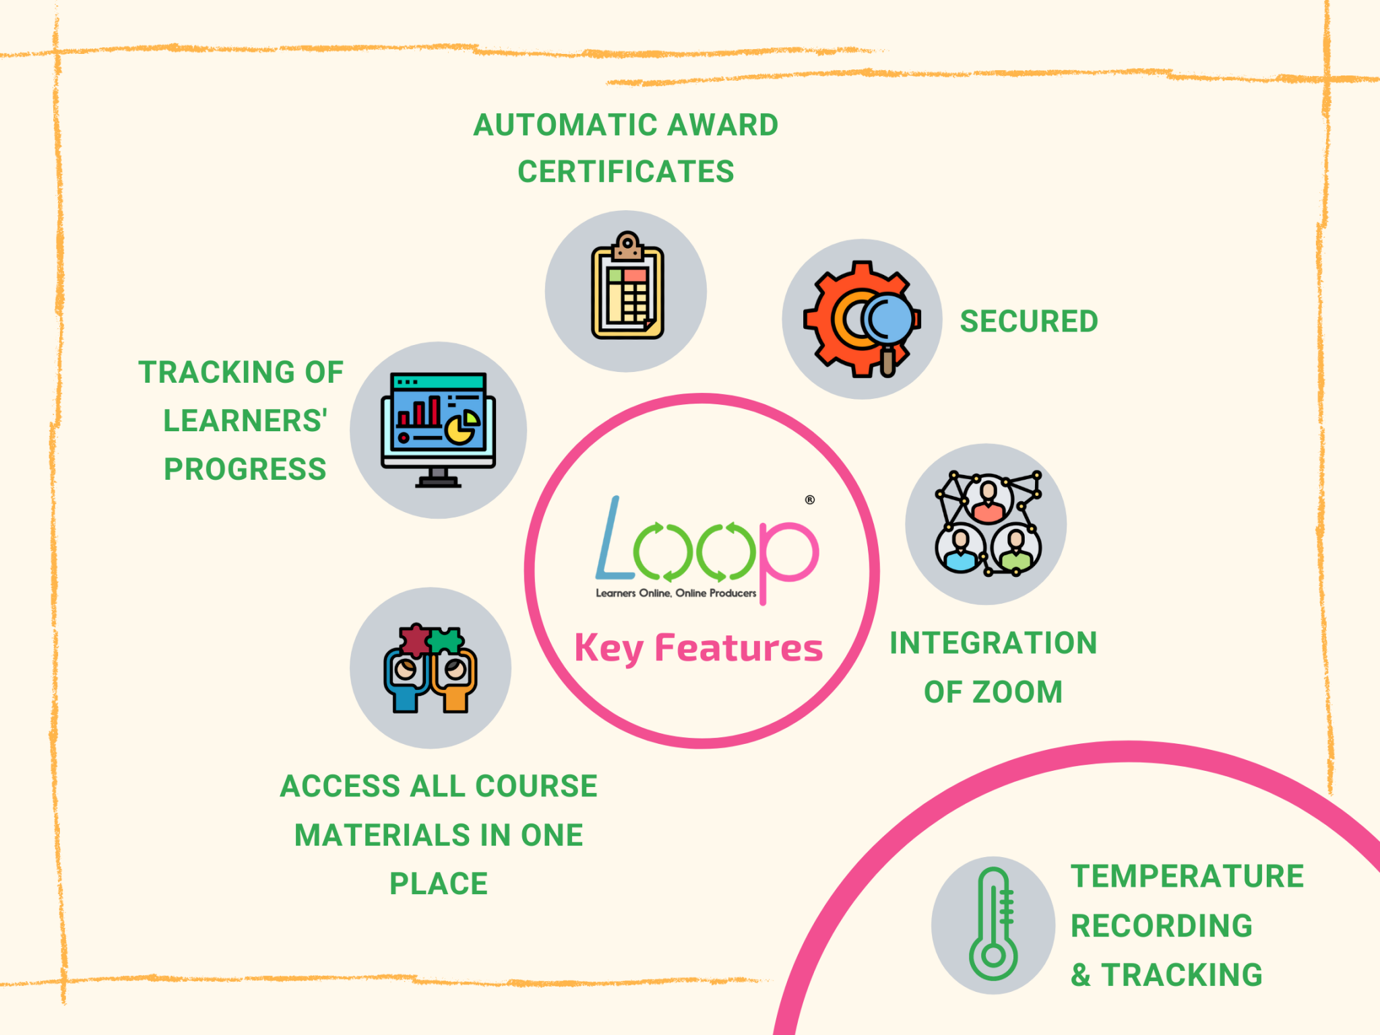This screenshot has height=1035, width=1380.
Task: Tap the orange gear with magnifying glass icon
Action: click(862, 319)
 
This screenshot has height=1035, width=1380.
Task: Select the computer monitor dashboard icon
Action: click(438, 430)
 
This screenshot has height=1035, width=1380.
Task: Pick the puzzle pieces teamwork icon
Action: click(431, 668)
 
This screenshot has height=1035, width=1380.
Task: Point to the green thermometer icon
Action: click(993, 924)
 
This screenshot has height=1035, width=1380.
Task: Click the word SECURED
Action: click(1029, 321)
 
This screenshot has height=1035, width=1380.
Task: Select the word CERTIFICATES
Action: click(626, 172)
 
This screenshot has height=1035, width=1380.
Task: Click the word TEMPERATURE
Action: click(1187, 877)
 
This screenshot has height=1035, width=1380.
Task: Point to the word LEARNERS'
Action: click(245, 420)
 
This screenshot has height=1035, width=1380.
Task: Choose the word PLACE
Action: click(439, 883)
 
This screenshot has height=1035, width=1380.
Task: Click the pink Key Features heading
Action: click(699, 648)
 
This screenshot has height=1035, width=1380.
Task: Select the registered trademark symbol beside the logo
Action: click(810, 499)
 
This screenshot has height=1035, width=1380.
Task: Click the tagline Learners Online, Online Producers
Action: click(676, 593)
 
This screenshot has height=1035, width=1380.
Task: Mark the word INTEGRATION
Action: click(993, 643)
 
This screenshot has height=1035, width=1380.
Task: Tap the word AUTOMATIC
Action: click(557, 125)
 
